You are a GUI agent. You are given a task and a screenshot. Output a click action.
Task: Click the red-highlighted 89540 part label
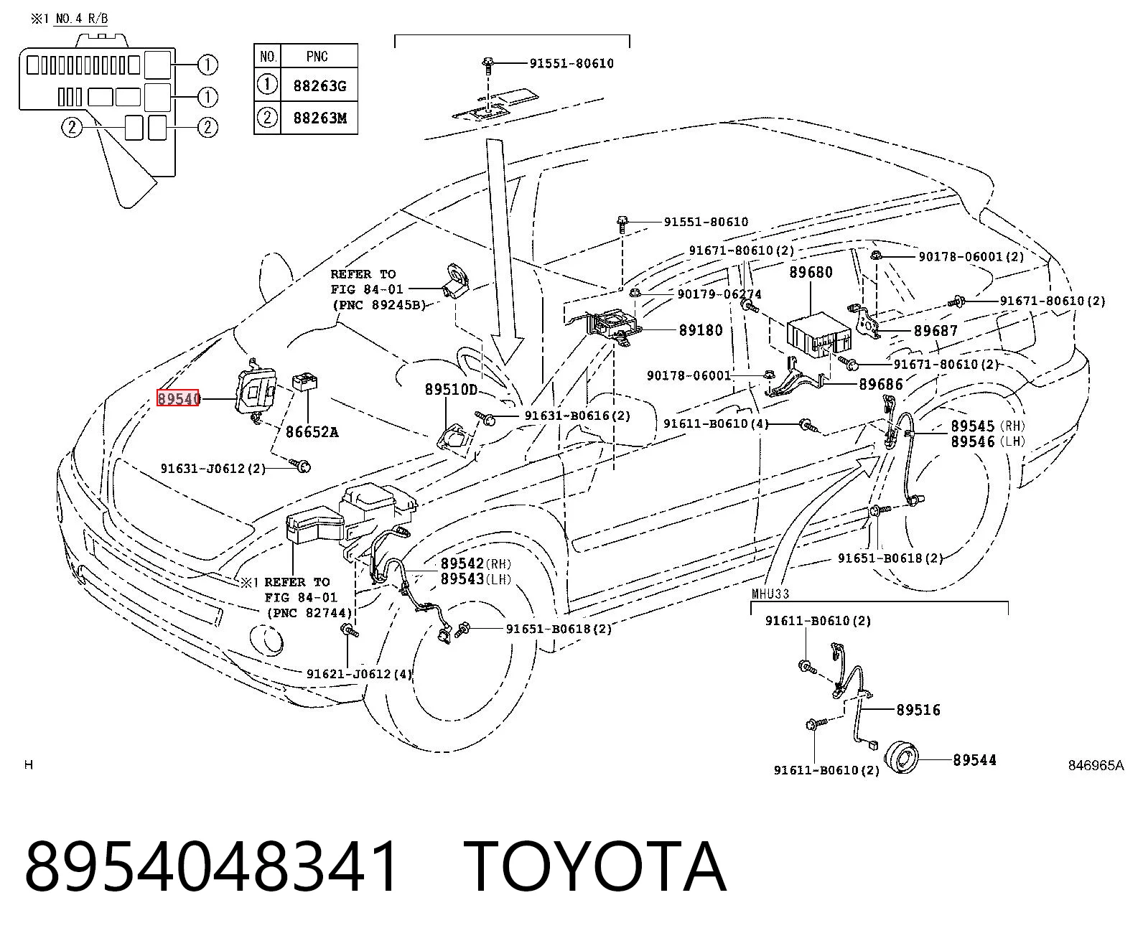click(x=179, y=398)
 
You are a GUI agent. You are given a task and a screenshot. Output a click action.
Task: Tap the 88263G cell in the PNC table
click(x=319, y=86)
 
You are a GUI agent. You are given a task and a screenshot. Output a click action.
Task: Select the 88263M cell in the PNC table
click(x=319, y=118)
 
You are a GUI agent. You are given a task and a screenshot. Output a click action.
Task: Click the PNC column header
click(x=317, y=57)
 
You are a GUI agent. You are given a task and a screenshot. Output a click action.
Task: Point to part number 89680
click(x=811, y=272)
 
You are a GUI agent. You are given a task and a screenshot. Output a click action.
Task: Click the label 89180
click(x=701, y=330)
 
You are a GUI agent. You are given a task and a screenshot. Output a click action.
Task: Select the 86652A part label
click(x=312, y=432)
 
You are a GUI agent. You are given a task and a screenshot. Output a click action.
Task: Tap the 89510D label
click(x=451, y=390)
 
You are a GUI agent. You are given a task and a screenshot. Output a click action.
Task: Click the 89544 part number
click(x=974, y=760)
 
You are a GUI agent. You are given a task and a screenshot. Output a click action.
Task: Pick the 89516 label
click(x=918, y=710)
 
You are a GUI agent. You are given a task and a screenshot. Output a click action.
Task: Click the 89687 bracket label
click(x=936, y=331)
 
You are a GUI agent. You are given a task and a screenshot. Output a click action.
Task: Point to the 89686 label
click(x=881, y=384)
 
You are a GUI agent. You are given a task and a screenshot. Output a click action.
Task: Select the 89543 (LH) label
click(x=476, y=579)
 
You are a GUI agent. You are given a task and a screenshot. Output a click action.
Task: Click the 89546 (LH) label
click(x=987, y=441)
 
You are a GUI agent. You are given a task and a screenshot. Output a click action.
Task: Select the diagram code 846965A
click(x=1096, y=765)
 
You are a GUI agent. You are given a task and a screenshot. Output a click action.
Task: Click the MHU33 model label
click(x=770, y=594)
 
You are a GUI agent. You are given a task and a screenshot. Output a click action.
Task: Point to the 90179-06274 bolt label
click(x=719, y=294)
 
